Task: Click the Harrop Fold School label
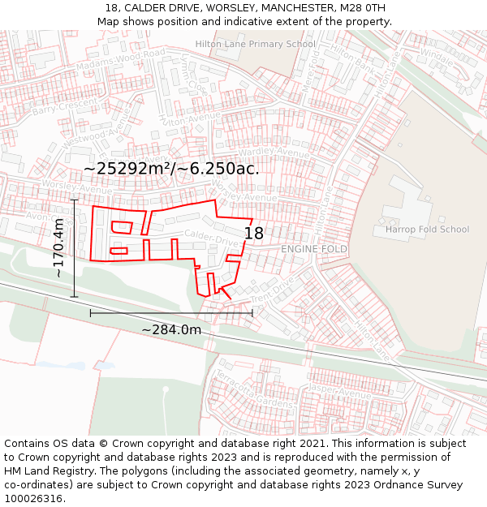[427, 230]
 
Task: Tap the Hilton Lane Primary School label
[255, 44]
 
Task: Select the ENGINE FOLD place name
[314, 249]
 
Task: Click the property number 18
[254, 234]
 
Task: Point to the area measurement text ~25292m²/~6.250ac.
[171, 169]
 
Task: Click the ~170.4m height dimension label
[58, 247]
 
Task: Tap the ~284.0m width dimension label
[171, 329]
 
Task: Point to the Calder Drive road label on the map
[213, 237]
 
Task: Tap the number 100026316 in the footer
[35, 498]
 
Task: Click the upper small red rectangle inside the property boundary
[121, 226]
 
